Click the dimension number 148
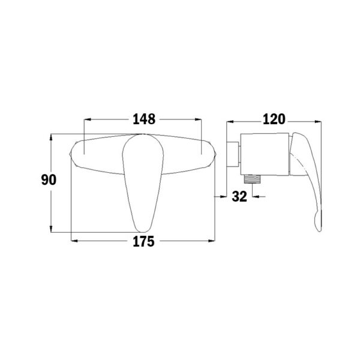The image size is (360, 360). [144, 119]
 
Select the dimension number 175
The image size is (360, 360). [144, 242]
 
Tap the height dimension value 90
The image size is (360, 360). [49, 180]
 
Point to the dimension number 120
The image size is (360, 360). [274, 119]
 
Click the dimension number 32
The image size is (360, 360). [239, 197]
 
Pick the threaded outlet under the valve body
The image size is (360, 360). [252, 179]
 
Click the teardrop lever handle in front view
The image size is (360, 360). [143, 183]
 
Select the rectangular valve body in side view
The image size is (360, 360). [265, 154]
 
